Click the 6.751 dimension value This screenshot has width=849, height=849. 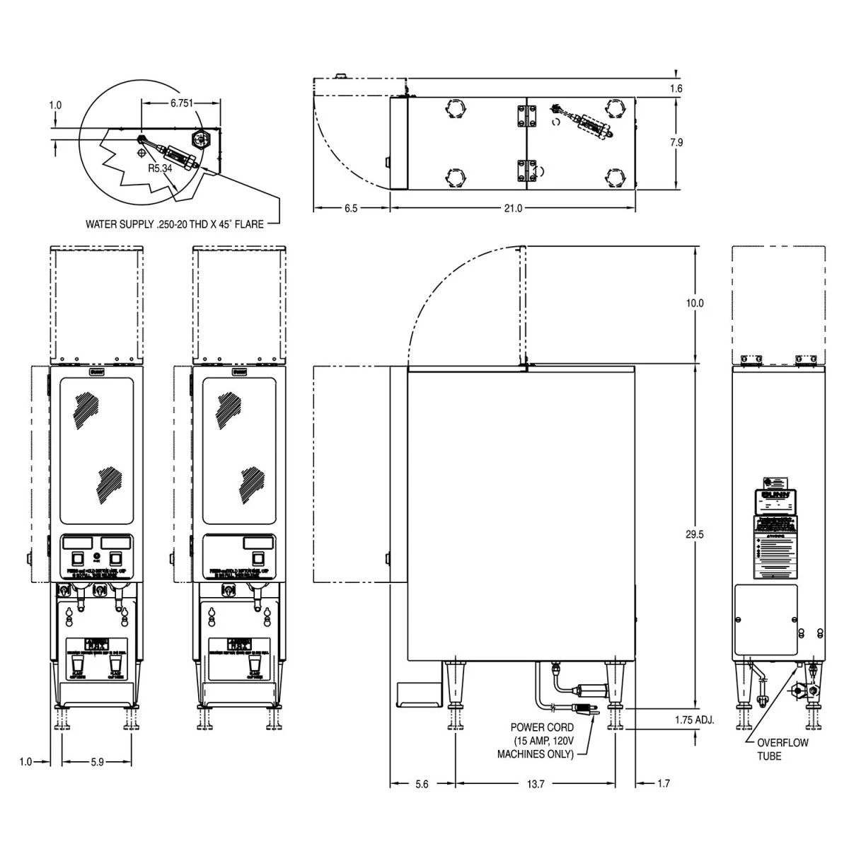[182, 103]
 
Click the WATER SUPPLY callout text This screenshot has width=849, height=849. [175, 224]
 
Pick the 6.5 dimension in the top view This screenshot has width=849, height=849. [351, 208]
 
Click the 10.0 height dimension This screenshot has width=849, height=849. [695, 303]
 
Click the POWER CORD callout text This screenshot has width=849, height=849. [542, 740]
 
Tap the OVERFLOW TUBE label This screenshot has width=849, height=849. [782, 749]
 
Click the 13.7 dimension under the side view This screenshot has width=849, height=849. [536, 783]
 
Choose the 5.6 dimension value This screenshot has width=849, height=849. [421, 783]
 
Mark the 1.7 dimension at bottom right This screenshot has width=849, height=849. [663, 783]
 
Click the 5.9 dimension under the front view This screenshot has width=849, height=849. [97, 762]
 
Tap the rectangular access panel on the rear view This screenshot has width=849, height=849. [766, 619]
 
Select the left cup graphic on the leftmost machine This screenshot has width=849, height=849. [77, 666]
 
